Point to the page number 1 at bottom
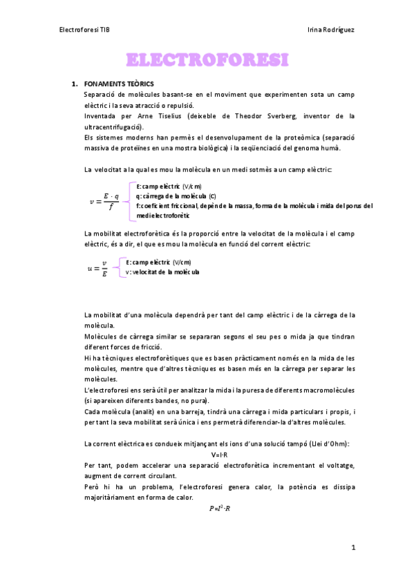[352, 548]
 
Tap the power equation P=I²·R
[219, 509]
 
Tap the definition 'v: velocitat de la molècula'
[162, 272]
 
